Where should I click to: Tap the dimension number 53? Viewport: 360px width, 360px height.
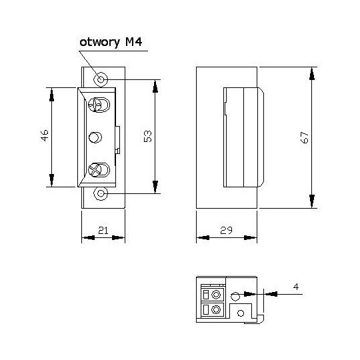148,136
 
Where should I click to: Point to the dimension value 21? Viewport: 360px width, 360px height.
103,230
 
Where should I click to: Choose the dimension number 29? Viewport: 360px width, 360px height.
226,230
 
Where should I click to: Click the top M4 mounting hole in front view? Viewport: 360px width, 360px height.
101,79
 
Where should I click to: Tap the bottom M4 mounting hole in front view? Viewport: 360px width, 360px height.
101,193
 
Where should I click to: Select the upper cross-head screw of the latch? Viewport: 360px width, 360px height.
97,105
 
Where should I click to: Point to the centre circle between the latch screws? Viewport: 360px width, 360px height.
95,137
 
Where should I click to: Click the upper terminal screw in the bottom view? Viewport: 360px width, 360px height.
215,294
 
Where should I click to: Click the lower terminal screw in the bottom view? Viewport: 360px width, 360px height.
215,310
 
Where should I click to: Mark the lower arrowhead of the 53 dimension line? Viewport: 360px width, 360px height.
155,187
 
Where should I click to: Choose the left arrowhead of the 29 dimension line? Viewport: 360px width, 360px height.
202,237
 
